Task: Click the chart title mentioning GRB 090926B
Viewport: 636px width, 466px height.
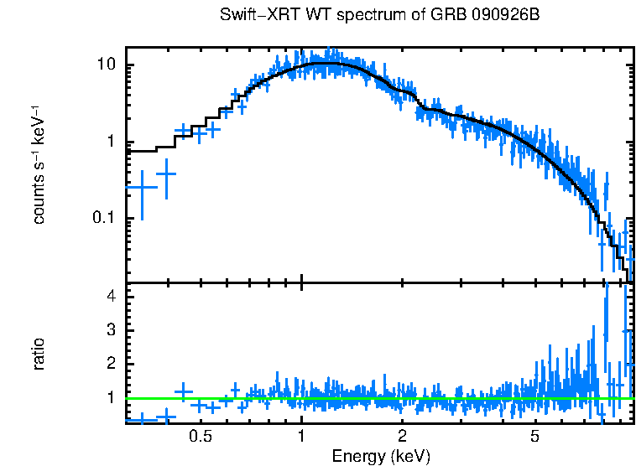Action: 383,16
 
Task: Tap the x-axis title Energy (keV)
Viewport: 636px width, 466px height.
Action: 381,456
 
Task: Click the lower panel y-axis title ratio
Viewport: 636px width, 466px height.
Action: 39,354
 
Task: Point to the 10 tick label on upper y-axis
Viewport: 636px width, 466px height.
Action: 107,65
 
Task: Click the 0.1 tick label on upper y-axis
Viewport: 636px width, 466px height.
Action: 103,218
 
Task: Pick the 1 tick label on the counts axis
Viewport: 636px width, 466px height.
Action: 112,142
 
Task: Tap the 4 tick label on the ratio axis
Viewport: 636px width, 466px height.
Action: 112,297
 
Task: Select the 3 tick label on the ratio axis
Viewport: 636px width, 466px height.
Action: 112,330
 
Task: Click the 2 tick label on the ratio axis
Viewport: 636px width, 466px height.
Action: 112,364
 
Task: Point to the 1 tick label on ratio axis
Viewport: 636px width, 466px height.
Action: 112,397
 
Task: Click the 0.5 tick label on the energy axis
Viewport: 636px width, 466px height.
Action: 200,437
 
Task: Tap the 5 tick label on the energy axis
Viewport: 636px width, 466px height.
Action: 534,437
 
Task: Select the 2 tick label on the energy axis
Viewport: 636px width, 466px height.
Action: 402,437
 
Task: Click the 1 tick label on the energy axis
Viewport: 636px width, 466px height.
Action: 301,437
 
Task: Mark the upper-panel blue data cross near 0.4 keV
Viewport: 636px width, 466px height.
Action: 166,174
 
